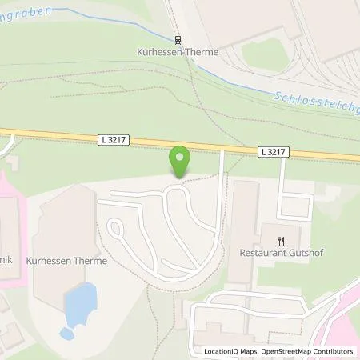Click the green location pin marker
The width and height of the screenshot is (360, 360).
(x=180, y=160)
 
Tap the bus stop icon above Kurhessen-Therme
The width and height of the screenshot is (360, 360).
(x=178, y=38)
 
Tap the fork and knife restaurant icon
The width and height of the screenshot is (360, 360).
(x=281, y=239)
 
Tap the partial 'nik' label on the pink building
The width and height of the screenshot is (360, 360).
(x=6, y=247)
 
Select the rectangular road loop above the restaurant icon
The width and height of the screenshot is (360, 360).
(x=294, y=206)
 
